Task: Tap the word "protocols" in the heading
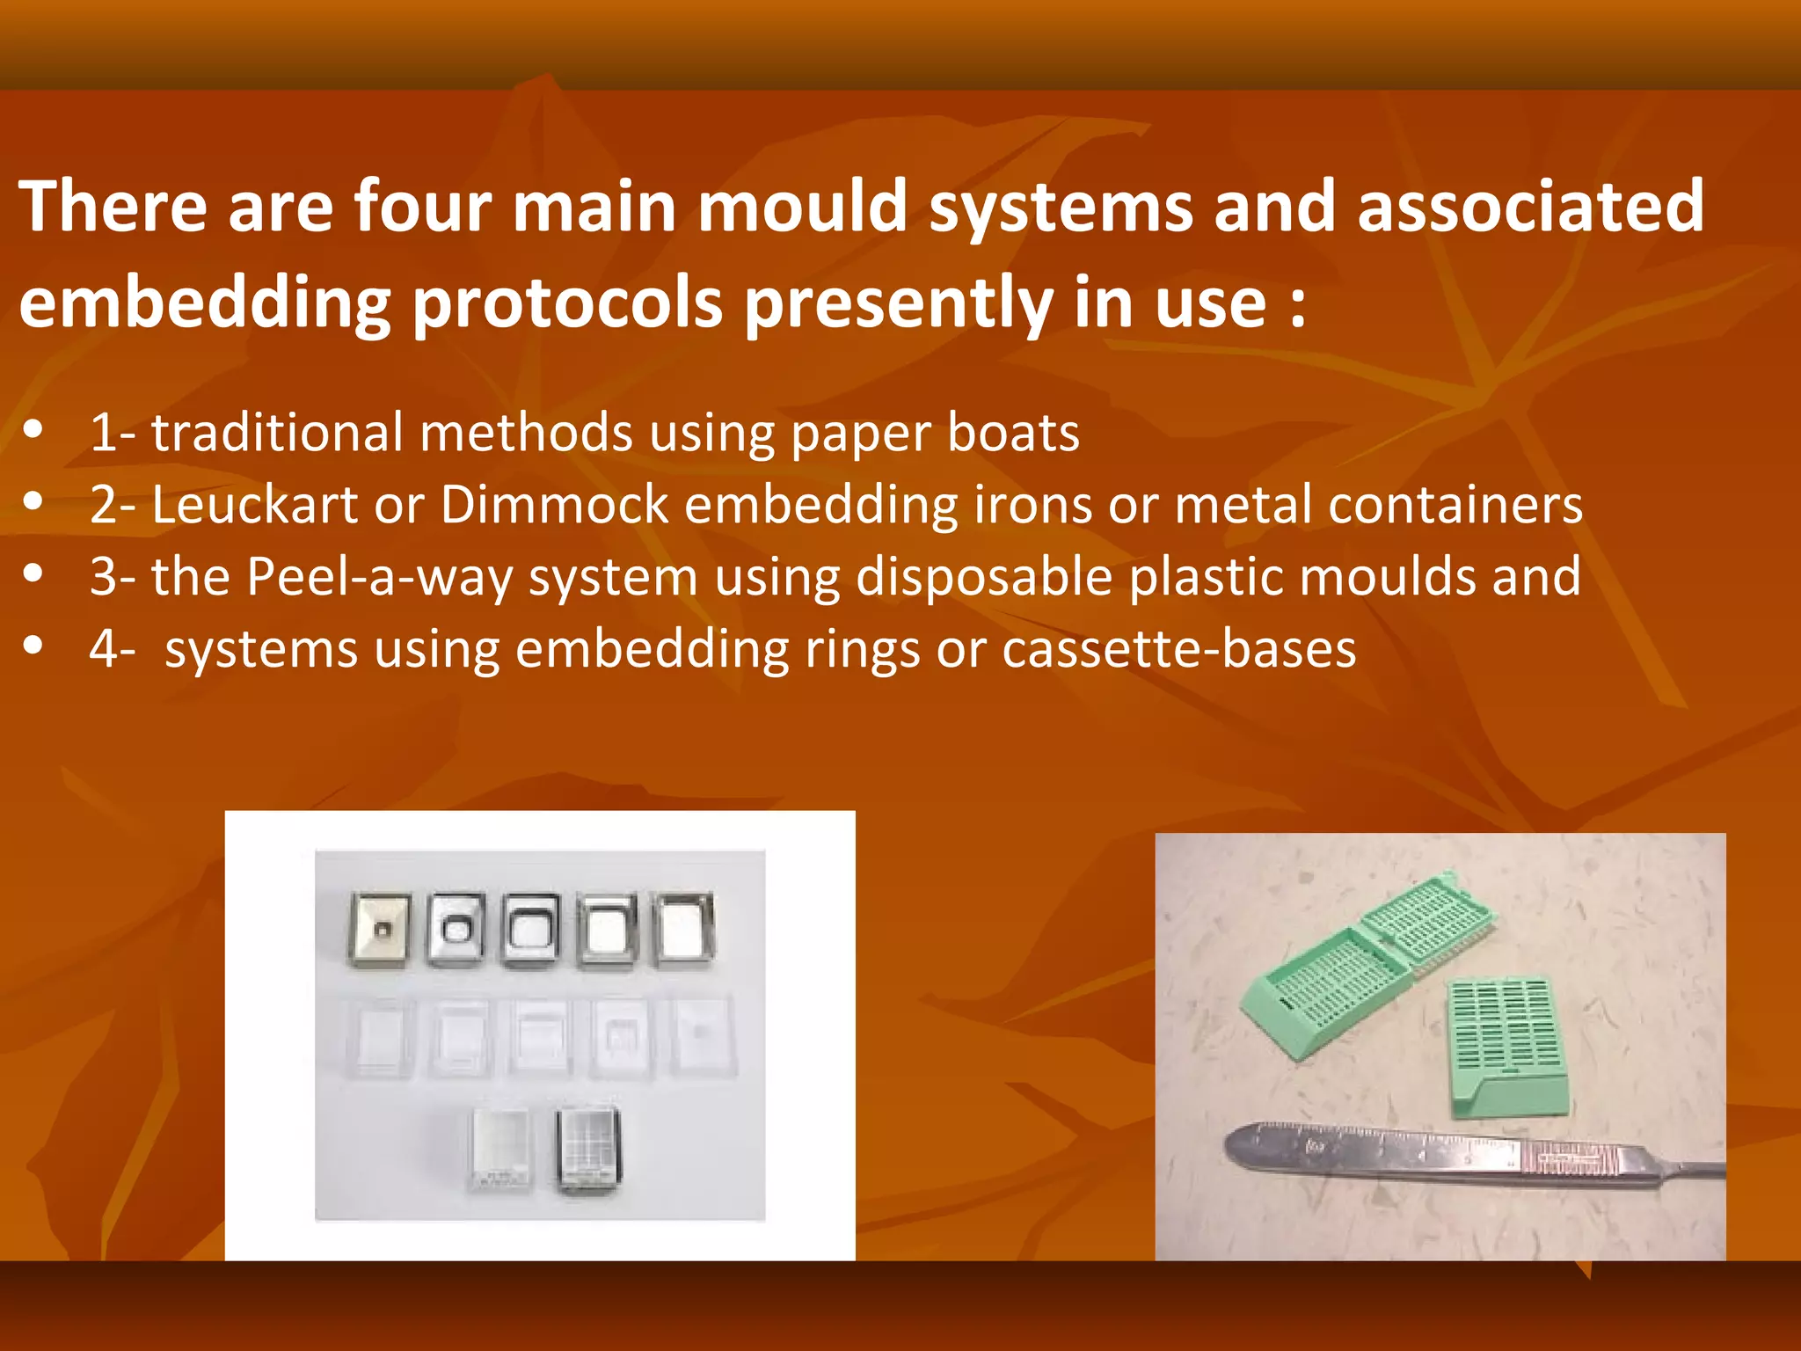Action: coord(567,304)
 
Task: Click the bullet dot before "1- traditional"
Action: coord(34,430)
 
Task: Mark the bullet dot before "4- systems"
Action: coord(34,646)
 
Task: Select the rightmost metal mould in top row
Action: coord(685,929)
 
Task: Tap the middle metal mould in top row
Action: coord(531,931)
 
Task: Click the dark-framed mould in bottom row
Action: coord(588,1150)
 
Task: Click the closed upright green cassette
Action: coord(1506,1047)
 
